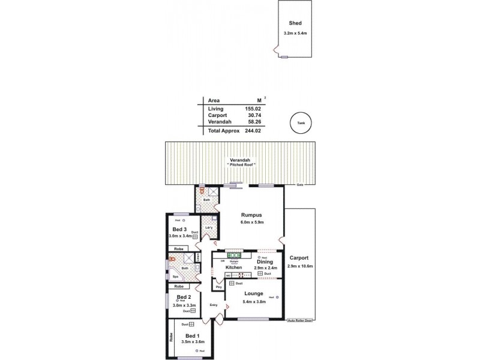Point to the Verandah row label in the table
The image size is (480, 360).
coord(219,122)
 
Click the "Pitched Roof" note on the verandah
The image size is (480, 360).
coord(239,164)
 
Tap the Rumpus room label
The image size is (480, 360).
coord(251,214)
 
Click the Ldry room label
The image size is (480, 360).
coord(209,227)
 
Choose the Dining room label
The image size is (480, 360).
coord(265,262)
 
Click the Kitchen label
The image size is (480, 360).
coord(233,267)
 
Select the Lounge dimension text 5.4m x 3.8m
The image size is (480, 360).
coord(254,301)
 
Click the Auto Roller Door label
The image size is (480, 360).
coord(300,321)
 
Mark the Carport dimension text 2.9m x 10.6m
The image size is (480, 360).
coord(300,265)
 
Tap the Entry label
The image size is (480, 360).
coord(213,305)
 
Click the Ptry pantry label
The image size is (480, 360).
coord(218,286)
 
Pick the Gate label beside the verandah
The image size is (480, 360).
coord(299,185)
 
